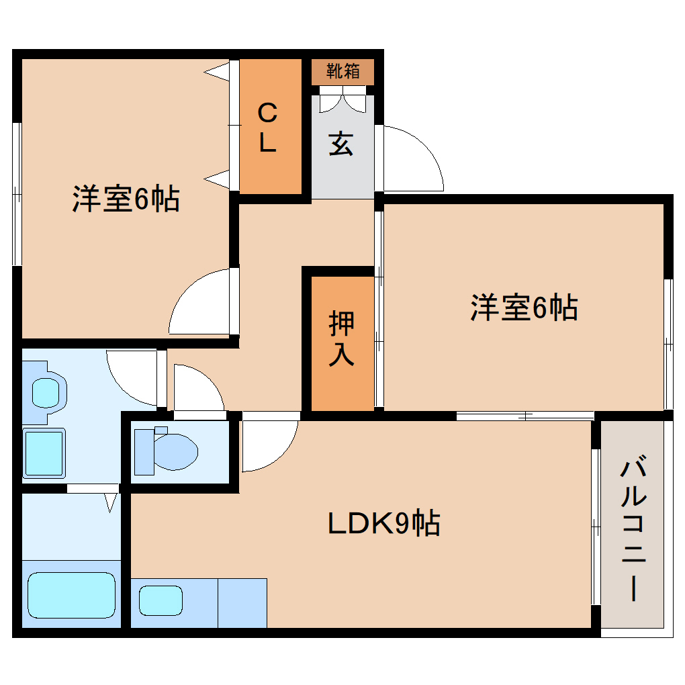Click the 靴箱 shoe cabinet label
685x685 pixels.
(x=342, y=71)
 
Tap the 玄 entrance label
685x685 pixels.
(x=341, y=144)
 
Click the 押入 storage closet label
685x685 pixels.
(x=341, y=339)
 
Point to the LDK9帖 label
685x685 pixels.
(x=383, y=523)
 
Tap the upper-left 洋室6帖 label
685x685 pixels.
(x=126, y=199)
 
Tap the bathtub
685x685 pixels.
(x=71, y=594)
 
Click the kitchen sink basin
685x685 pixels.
(x=161, y=599)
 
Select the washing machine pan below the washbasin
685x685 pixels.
(x=44, y=453)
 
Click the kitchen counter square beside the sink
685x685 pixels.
(x=242, y=602)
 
